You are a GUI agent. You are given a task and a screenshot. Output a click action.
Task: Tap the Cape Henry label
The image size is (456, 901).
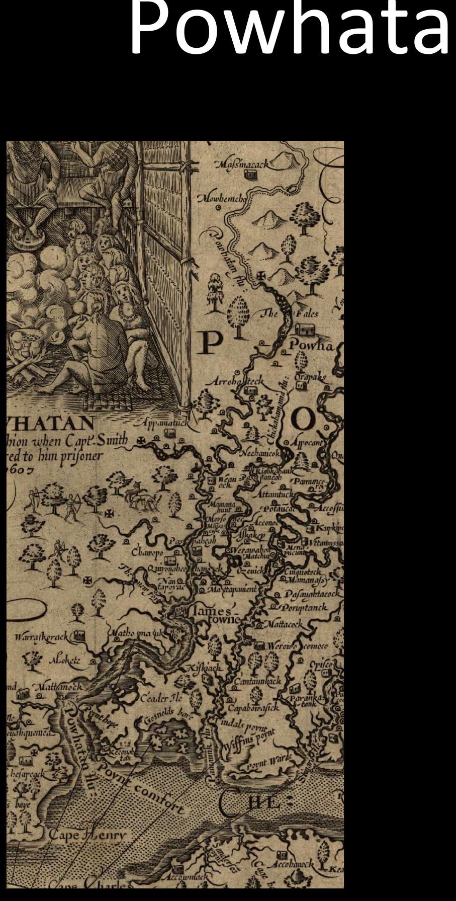point(88,835)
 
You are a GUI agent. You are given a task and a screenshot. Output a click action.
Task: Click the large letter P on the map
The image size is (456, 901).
point(212,343)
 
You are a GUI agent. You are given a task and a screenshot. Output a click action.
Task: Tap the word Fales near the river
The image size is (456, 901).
point(306,314)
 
